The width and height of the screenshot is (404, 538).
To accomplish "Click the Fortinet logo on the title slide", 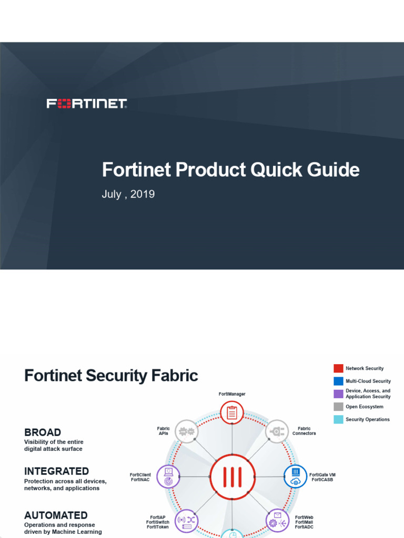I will (87, 104).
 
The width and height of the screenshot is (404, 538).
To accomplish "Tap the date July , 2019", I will (128, 194).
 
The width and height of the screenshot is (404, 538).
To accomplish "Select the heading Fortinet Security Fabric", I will (111, 376).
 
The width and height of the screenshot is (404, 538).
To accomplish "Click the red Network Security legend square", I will (338, 368).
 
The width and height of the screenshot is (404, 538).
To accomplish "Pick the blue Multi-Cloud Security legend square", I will (338, 381).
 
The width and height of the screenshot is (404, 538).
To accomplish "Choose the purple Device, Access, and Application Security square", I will (338, 394).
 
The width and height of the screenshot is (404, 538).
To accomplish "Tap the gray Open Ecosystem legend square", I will (338, 407).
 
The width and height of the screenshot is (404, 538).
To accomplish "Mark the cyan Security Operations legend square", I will (338, 419).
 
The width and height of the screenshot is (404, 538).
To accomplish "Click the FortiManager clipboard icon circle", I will (232, 413).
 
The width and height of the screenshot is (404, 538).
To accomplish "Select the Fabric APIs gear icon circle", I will (186, 431).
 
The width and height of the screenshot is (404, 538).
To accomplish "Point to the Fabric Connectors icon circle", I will (277, 431).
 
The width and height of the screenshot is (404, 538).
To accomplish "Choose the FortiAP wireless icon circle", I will (186, 521).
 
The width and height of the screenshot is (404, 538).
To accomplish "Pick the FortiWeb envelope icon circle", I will (277, 521).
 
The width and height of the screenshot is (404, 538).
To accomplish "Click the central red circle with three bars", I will (232, 477).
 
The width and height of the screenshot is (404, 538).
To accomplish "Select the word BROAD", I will (43, 432).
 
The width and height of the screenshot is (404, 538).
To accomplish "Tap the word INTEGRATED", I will (56, 471).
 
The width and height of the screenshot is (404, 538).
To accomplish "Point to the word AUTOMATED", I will (56, 515).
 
